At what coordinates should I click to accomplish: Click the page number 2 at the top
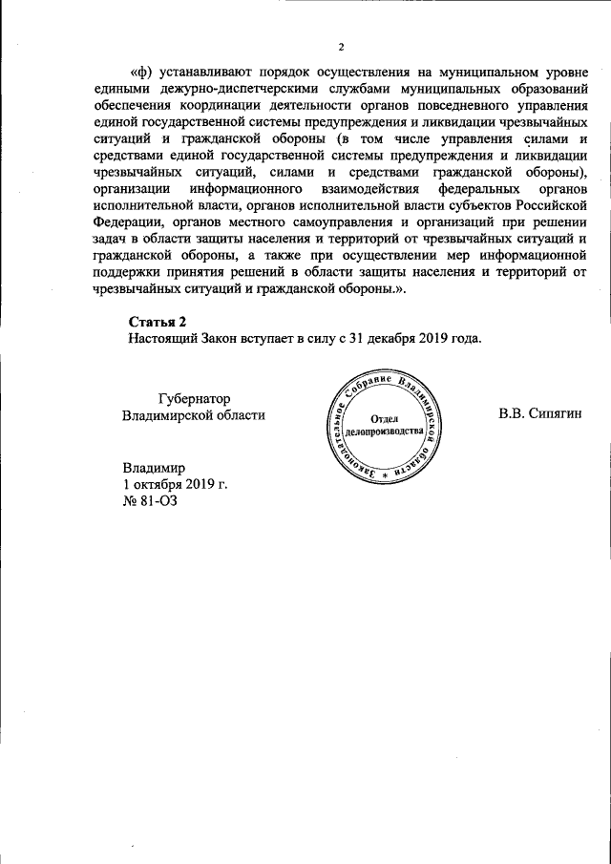[x=340, y=47]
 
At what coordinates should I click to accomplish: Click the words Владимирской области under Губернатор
[x=194, y=415]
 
